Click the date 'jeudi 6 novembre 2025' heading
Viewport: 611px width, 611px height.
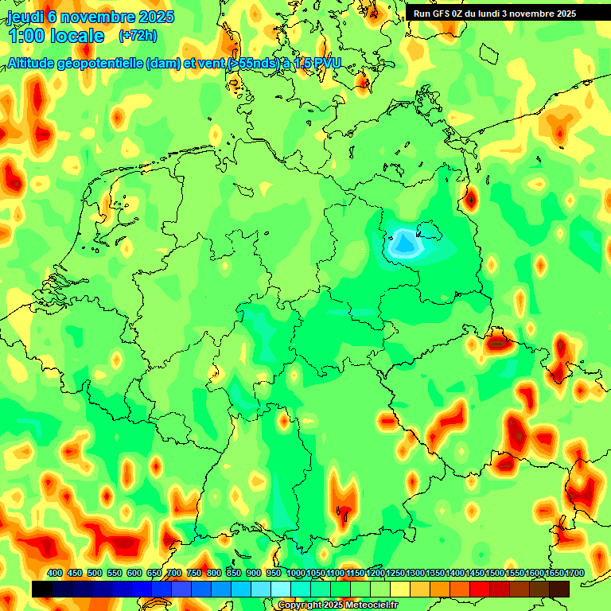pos(91,16)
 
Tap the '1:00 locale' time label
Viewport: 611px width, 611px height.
pos(56,36)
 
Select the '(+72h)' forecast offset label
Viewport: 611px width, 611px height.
pos(138,36)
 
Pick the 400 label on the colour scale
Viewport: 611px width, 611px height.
pos(55,573)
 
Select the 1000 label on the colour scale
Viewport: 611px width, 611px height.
pos(295,573)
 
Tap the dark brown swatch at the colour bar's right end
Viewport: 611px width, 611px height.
pos(559,589)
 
